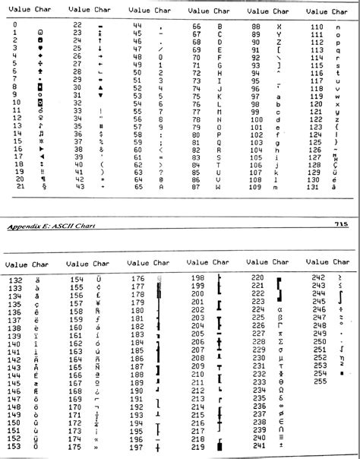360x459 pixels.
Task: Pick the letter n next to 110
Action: click(x=336, y=26)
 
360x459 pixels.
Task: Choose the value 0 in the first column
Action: click(x=14, y=25)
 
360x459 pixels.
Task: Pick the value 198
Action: click(x=197, y=278)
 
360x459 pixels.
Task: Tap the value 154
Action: click(x=77, y=281)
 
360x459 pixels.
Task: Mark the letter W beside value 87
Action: click(x=219, y=186)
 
